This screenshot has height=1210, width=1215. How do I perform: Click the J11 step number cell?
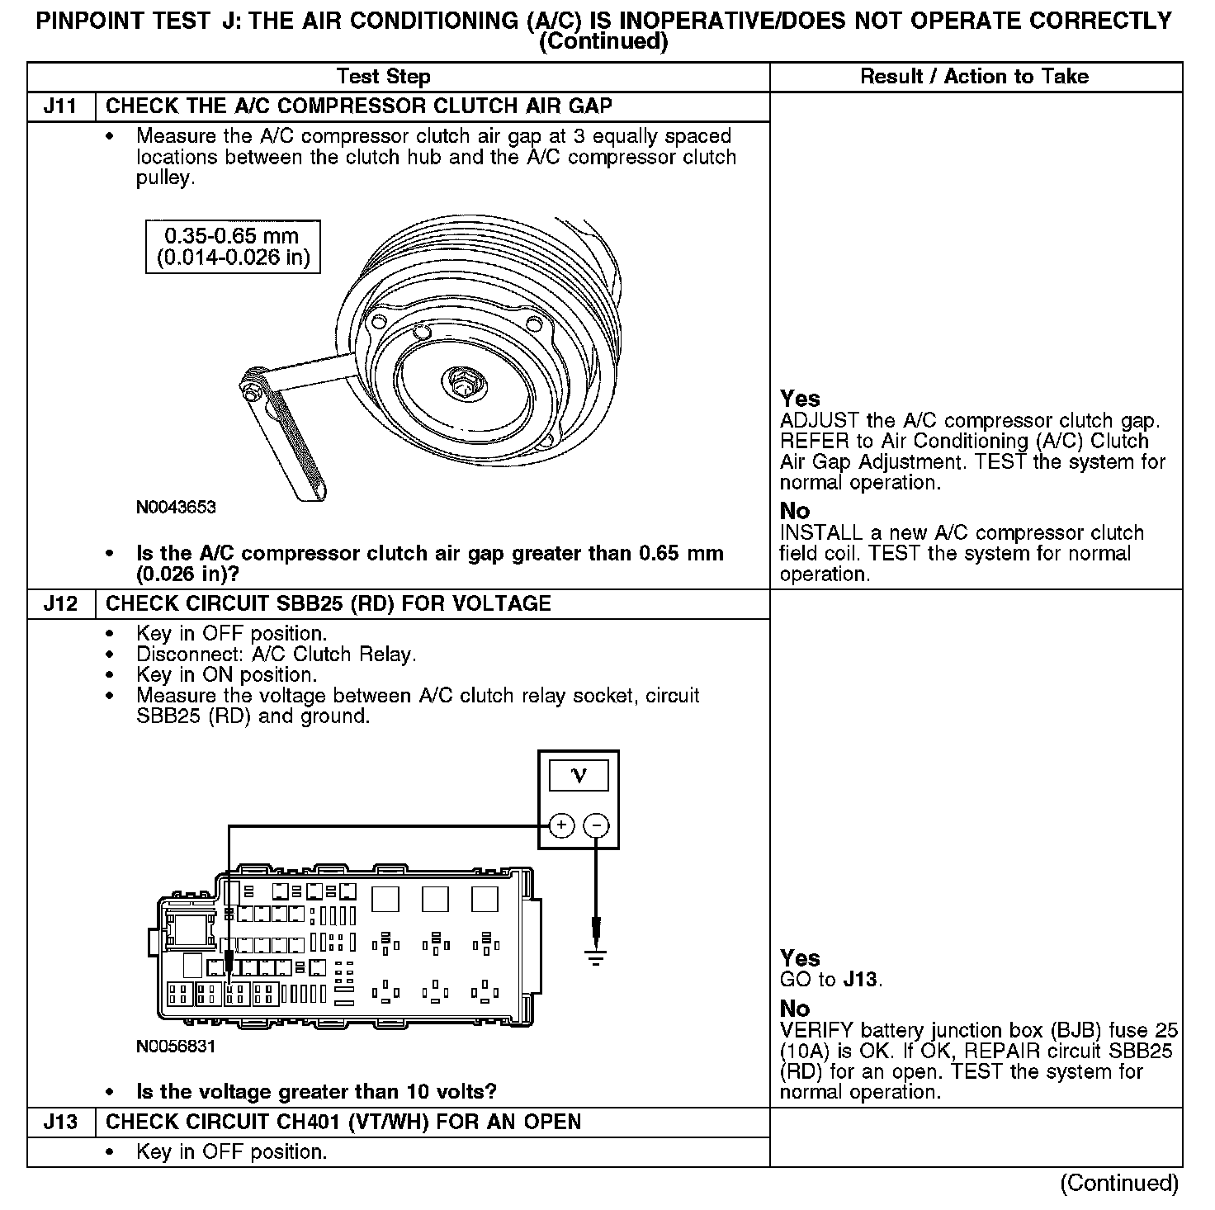click(61, 106)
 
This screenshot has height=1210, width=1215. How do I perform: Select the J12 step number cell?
click(61, 603)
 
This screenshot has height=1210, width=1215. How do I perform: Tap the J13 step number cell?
click(61, 1122)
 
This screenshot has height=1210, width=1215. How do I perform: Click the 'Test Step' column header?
click(384, 77)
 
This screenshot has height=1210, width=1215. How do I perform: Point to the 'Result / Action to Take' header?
click(974, 77)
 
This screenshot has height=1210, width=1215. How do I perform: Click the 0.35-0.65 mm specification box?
click(233, 246)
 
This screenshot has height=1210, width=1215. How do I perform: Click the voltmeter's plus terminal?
click(561, 825)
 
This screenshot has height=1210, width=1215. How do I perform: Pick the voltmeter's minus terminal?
click(596, 825)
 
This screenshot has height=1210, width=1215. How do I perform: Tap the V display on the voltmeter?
click(579, 776)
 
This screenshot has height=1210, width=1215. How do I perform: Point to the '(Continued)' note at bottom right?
click(1119, 1183)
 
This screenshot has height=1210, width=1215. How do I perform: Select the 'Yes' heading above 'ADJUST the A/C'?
click(800, 399)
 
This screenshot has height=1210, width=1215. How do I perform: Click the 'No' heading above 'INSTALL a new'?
click(795, 511)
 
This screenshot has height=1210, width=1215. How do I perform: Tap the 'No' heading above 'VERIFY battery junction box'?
click(795, 1009)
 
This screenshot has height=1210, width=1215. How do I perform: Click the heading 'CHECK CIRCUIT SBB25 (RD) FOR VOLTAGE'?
click(329, 603)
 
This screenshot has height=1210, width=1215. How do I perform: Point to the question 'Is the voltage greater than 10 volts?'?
click(316, 1092)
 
